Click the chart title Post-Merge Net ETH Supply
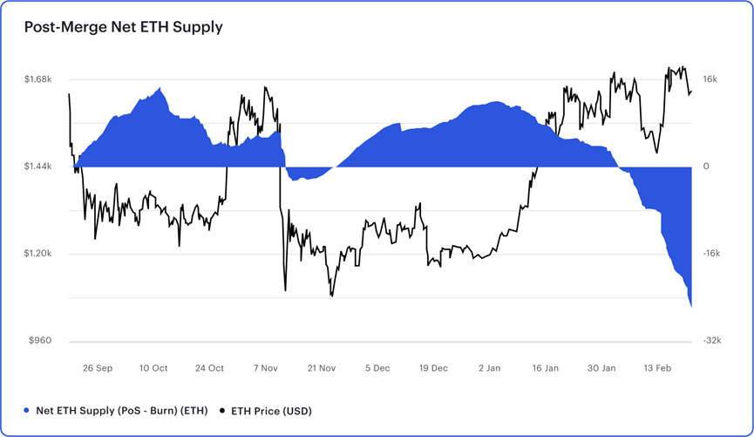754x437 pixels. point(123,27)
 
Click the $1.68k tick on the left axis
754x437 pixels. point(38,79)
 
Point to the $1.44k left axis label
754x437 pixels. point(38,167)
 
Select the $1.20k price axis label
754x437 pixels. point(38,254)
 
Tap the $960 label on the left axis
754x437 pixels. point(40,341)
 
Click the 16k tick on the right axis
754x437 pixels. point(710,79)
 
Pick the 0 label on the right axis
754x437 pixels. point(707,167)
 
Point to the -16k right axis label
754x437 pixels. point(711,254)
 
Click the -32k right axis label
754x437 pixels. point(711,341)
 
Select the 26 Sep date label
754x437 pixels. point(98,368)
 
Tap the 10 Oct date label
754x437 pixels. point(153,368)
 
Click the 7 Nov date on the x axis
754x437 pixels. point(266,368)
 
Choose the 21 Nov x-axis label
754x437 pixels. point(322,368)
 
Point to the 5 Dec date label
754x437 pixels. point(378,368)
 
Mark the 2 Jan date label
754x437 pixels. point(490,368)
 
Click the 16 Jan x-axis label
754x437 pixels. point(546,368)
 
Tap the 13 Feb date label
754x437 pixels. point(657,368)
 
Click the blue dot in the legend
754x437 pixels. point(27,411)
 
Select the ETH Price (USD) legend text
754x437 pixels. point(271,411)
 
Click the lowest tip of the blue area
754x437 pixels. point(691,306)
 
